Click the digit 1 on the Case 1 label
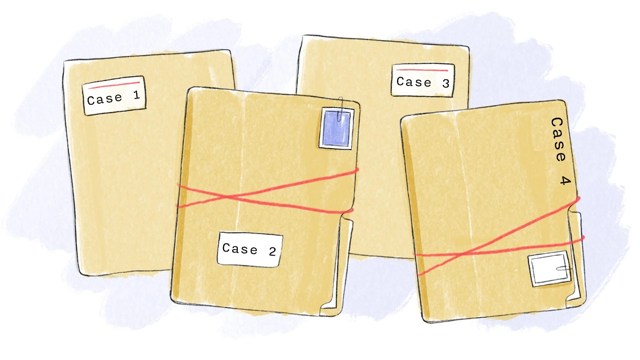point(136,95)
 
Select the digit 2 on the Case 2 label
point(272,252)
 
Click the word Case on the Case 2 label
point(240,249)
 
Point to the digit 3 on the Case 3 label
point(446,83)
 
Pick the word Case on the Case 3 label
point(414,82)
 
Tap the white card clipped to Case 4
point(548,269)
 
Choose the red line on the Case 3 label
point(422,70)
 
